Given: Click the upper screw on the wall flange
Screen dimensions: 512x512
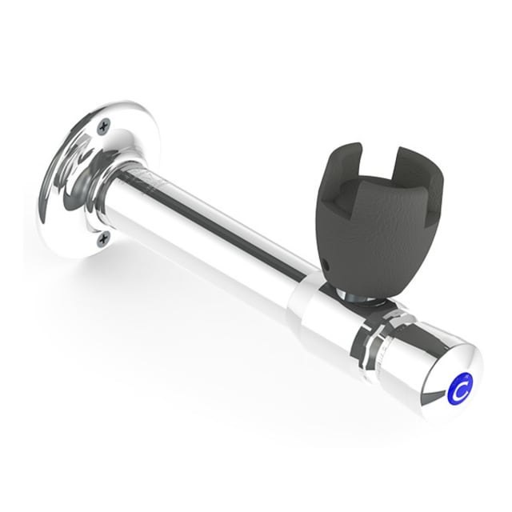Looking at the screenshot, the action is click(x=104, y=127).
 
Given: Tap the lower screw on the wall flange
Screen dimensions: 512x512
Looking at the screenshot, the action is click(x=103, y=239).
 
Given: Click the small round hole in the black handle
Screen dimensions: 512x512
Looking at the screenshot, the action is click(x=325, y=262).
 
